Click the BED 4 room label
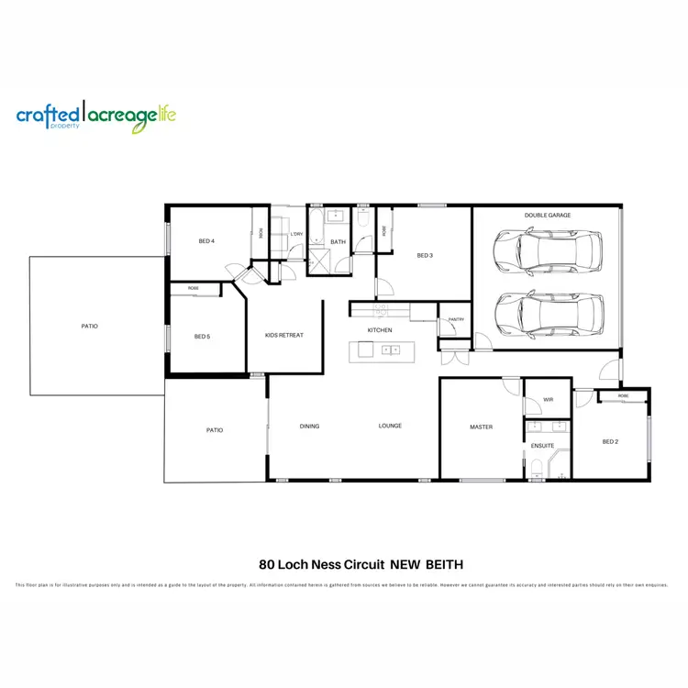click(x=206, y=241)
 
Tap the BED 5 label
click(x=203, y=337)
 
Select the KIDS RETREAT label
click(x=283, y=335)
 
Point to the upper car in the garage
click(x=548, y=250)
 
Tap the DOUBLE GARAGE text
click(x=548, y=216)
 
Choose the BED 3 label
click(x=424, y=255)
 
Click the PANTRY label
click(x=456, y=319)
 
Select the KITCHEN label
click(x=380, y=330)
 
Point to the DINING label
click(x=309, y=427)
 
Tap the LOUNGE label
click(x=391, y=427)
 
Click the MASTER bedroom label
click(x=482, y=427)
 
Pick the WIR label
click(x=549, y=400)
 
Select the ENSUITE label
click(x=542, y=446)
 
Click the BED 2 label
click(x=610, y=441)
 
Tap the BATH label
click(x=338, y=242)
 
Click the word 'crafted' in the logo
click(x=48, y=115)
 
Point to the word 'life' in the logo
click(x=165, y=114)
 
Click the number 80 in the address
click(x=267, y=565)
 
